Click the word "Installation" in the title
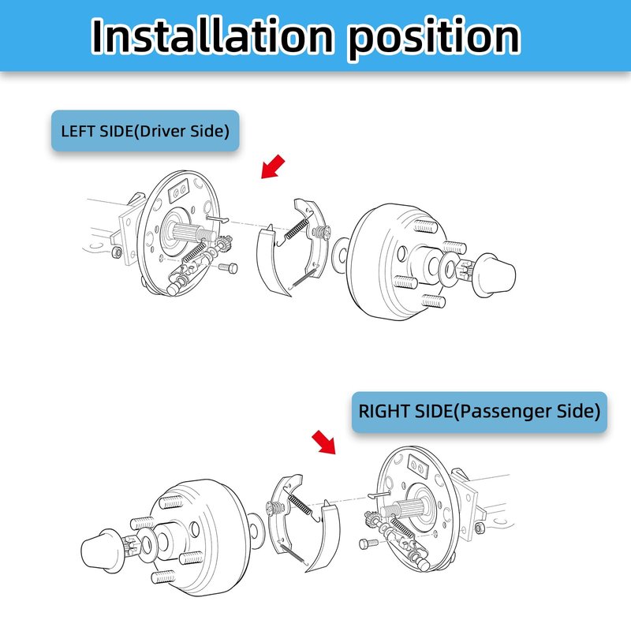(212, 35)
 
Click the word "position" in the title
(434, 38)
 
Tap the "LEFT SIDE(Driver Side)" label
(145, 131)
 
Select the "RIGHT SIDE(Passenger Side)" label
(480, 412)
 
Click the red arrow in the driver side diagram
(272, 166)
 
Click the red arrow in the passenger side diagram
(324, 442)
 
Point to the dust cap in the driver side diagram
(495, 275)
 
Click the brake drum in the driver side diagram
(398, 262)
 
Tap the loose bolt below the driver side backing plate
(228, 267)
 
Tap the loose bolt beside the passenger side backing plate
(368, 543)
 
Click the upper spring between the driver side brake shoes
(297, 228)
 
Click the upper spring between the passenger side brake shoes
(300, 504)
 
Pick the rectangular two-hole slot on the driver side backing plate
(178, 190)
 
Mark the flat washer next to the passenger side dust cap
(147, 545)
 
